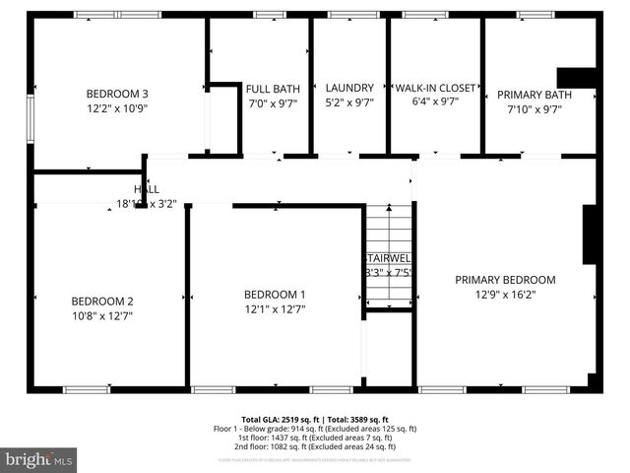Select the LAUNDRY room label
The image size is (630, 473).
348,87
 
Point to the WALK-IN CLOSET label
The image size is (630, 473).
434,87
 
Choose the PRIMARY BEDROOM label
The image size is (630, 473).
505,279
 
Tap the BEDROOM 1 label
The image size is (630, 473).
275,294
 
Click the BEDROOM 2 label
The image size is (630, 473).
101,301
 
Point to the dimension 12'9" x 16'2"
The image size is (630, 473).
505,294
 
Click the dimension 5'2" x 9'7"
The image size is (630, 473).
348,101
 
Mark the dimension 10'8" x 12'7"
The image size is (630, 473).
101,316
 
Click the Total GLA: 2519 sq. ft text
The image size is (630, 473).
278,419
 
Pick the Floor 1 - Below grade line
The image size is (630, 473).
315,429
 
